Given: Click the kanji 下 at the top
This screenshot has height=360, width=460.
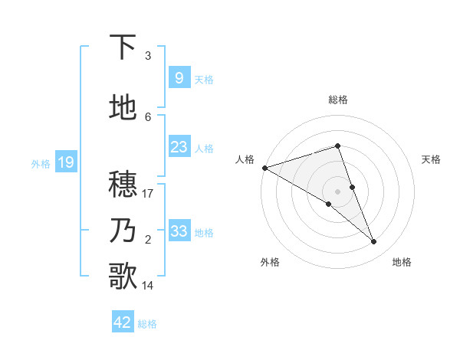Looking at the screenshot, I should [x=123, y=47].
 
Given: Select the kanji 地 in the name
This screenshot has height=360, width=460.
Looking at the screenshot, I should [x=123, y=108].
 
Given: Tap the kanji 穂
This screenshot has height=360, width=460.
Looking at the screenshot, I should [x=123, y=185].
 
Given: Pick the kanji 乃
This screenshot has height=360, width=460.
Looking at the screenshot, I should [x=123, y=230].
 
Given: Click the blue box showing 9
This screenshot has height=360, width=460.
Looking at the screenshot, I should [x=179, y=77].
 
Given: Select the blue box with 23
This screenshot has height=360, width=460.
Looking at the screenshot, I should [x=179, y=147].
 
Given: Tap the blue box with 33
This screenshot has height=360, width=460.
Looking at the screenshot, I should [x=179, y=231].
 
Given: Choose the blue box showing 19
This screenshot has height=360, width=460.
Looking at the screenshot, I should [x=65, y=162].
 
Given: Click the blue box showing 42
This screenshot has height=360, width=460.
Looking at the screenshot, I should [x=123, y=322].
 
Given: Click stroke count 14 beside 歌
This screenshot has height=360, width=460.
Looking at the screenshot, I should [x=148, y=286].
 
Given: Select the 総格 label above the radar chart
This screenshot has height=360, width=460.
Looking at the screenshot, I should [x=338, y=100].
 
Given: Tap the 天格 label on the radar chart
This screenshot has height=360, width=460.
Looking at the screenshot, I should [x=431, y=159].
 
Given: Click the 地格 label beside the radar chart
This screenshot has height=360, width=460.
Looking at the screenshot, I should [x=402, y=263].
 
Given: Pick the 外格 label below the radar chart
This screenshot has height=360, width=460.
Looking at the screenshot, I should [x=270, y=263].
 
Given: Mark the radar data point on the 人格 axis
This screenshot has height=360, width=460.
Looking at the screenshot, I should [x=264, y=167].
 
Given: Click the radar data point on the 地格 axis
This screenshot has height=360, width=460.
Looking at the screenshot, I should [x=374, y=242].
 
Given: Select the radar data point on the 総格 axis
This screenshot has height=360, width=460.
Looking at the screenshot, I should [x=338, y=146].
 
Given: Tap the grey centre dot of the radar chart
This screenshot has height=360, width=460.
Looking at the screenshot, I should [x=338, y=191].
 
